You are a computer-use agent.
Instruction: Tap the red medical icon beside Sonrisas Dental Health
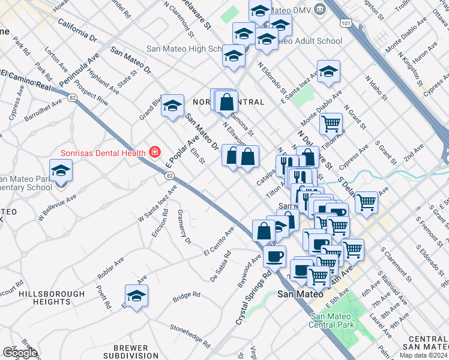tap(155, 152)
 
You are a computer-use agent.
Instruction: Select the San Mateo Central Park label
tap(335, 320)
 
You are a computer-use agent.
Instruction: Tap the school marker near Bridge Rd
tap(137, 296)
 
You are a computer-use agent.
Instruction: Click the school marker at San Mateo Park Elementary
tap(61, 171)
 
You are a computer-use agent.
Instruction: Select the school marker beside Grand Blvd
tap(172, 106)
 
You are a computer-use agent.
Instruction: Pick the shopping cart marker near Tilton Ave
tap(331, 124)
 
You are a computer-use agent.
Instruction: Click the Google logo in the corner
tap(20, 352)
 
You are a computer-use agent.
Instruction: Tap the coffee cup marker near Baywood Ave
tap(275, 256)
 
